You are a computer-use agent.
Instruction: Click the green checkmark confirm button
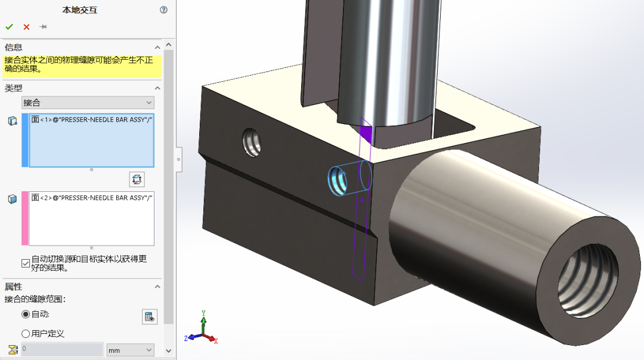[9, 27]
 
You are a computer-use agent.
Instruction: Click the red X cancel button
[26, 27]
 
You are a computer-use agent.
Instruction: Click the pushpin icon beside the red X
[43, 27]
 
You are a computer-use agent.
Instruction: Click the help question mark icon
[164, 10]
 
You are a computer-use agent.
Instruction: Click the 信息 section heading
[14, 47]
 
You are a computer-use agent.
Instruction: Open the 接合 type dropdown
[88, 103]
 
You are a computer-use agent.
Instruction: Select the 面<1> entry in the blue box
[92, 120]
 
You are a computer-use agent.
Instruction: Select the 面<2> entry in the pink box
[92, 197]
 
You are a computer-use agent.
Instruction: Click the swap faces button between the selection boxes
[137, 179]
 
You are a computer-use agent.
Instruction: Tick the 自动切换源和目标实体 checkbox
[26, 262]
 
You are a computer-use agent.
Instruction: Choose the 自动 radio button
[26, 314]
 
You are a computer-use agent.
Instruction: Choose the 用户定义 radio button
[26, 333]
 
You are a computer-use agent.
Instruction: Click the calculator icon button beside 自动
[150, 316]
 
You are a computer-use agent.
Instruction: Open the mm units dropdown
[130, 350]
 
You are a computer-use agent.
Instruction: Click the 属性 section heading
[14, 287]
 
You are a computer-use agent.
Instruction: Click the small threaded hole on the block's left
[252, 142]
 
